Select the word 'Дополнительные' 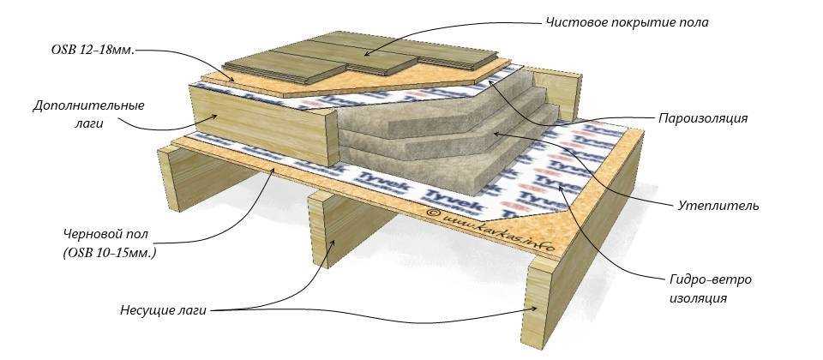tap(88, 105)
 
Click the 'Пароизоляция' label tap(703, 118)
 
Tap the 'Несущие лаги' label tap(163, 309)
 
